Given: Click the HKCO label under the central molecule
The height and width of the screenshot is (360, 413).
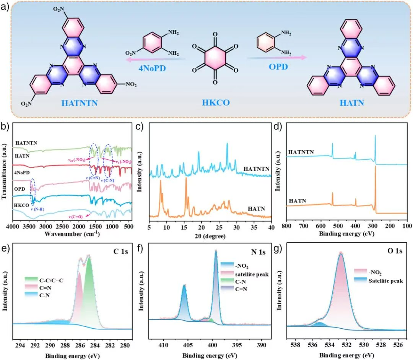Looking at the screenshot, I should (215, 102).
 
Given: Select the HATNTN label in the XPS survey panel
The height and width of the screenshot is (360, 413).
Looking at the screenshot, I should (301, 152).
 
